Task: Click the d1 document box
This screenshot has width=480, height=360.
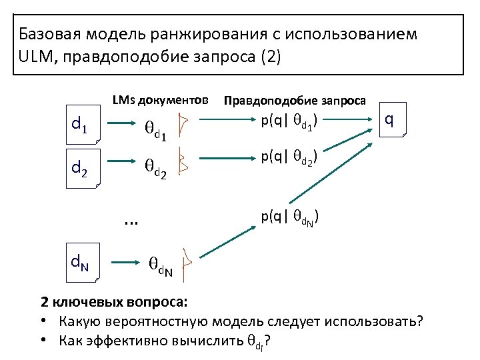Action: [81, 125]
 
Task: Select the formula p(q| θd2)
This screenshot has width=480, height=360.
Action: [289, 158]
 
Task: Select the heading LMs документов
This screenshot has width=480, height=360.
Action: [160, 100]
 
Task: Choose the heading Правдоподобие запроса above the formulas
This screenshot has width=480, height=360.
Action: [295, 101]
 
